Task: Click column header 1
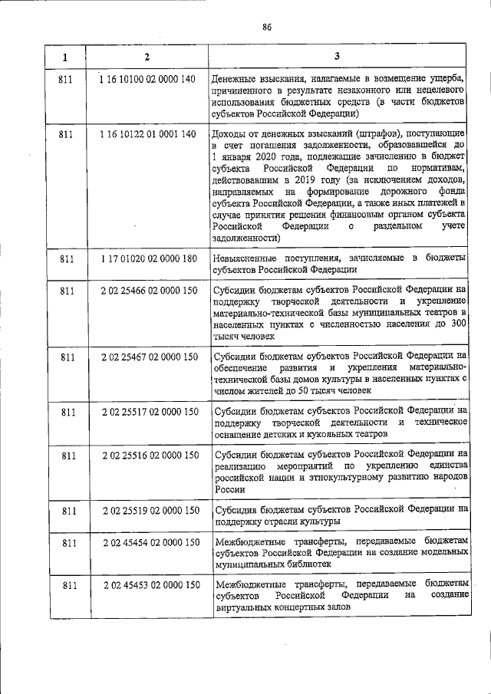click(x=65, y=57)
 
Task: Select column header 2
click(x=147, y=57)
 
